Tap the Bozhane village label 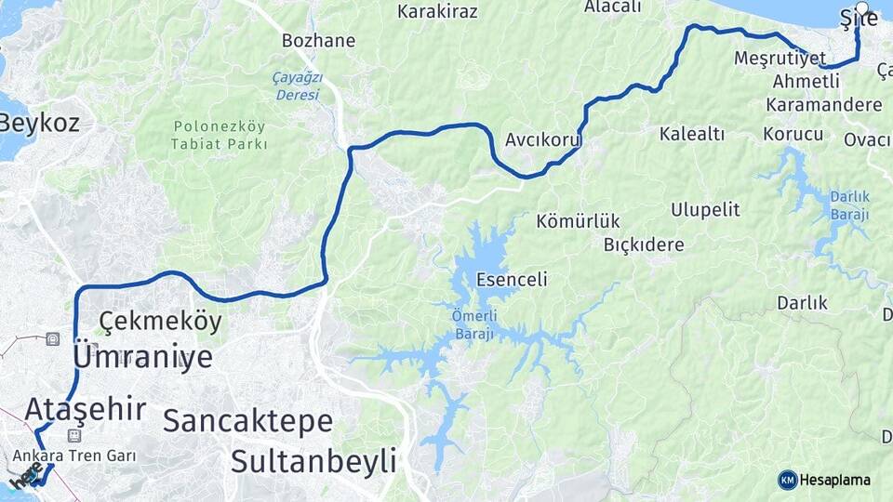pyautogui.click(x=318, y=41)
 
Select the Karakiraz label pyautogui.click(x=437, y=11)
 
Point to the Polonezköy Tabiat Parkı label pyautogui.click(x=219, y=135)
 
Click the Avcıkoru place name pyautogui.click(x=543, y=140)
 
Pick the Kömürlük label pyautogui.click(x=578, y=221)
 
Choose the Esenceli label pyautogui.click(x=511, y=279)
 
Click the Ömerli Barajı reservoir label pyautogui.click(x=474, y=325)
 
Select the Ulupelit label pyautogui.click(x=705, y=209)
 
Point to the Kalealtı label pyautogui.click(x=691, y=134)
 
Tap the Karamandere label pyautogui.click(x=824, y=104)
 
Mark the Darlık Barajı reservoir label pyautogui.click(x=849, y=205)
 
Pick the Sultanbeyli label pyautogui.click(x=313, y=460)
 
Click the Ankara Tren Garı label pyautogui.click(x=74, y=456)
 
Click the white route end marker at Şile pyautogui.click(x=861, y=8)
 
